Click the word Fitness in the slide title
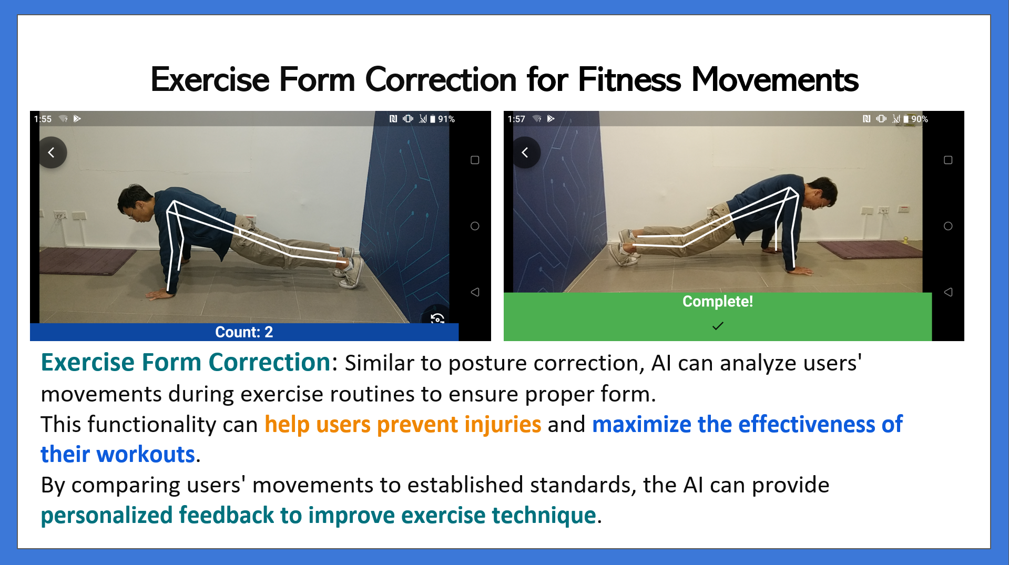pyautogui.click(x=629, y=80)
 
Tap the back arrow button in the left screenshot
pyautogui.click(x=52, y=152)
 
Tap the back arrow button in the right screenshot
pyautogui.click(x=525, y=152)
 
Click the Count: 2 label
pyautogui.click(x=244, y=332)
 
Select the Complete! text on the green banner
pyautogui.click(x=718, y=301)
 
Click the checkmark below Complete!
pyautogui.click(x=718, y=326)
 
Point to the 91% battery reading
pyautogui.click(x=446, y=119)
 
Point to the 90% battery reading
pyautogui.click(x=920, y=119)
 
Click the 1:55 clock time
pyautogui.click(x=43, y=119)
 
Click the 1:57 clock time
pyautogui.click(x=516, y=119)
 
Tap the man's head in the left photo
pyautogui.click(x=135, y=202)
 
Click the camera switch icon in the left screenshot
pyautogui.click(x=437, y=318)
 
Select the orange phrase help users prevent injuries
pyautogui.click(x=403, y=425)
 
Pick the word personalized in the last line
pyautogui.click(x=107, y=516)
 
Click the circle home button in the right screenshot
pyautogui.click(x=948, y=226)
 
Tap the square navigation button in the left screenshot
pyautogui.click(x=475, y=160)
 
